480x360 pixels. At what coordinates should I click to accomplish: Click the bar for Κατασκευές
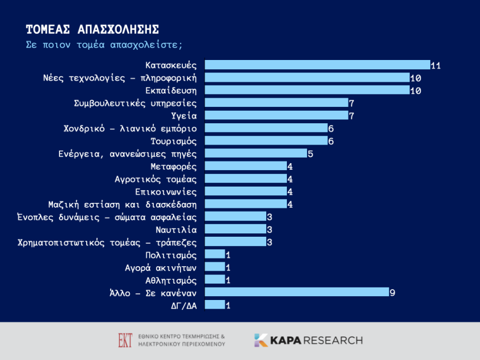click(317, 65)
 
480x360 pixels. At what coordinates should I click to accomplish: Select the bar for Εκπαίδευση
click(307, 90)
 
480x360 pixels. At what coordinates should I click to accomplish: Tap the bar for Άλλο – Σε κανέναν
click(296, 292)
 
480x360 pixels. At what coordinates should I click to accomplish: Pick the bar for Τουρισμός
click(266, 141)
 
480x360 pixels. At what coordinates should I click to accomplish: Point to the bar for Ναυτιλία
click(235, 229)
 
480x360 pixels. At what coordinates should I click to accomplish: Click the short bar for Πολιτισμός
click(214, 254)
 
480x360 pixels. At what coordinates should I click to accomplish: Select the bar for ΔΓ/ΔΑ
click(214, 305)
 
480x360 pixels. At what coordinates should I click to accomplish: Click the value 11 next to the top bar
click(435, 65)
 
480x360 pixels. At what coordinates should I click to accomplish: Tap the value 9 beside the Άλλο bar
click(392, 293)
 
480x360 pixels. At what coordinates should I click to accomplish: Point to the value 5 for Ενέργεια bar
click(310, 154)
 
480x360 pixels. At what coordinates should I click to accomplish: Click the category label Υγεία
click(184, 116)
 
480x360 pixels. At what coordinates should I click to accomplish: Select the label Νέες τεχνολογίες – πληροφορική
click(120, 77)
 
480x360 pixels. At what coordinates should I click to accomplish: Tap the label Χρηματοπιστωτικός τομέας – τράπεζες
click(107, 242)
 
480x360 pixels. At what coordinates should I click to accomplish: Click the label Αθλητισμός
click(171, 280)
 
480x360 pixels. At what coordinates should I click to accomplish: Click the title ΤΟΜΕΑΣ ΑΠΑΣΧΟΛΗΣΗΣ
click(93, 29)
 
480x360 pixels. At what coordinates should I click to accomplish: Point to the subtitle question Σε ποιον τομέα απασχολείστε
click(104, 44)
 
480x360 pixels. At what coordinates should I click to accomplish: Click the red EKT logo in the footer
click(125, 340)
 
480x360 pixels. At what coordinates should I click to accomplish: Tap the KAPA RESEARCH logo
click(308, 340)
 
